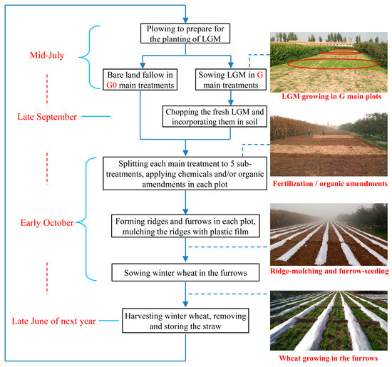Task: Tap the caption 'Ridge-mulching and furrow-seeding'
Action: point(329,272)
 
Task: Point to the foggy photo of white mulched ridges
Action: point(329,234)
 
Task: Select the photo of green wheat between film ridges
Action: point(329,322)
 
